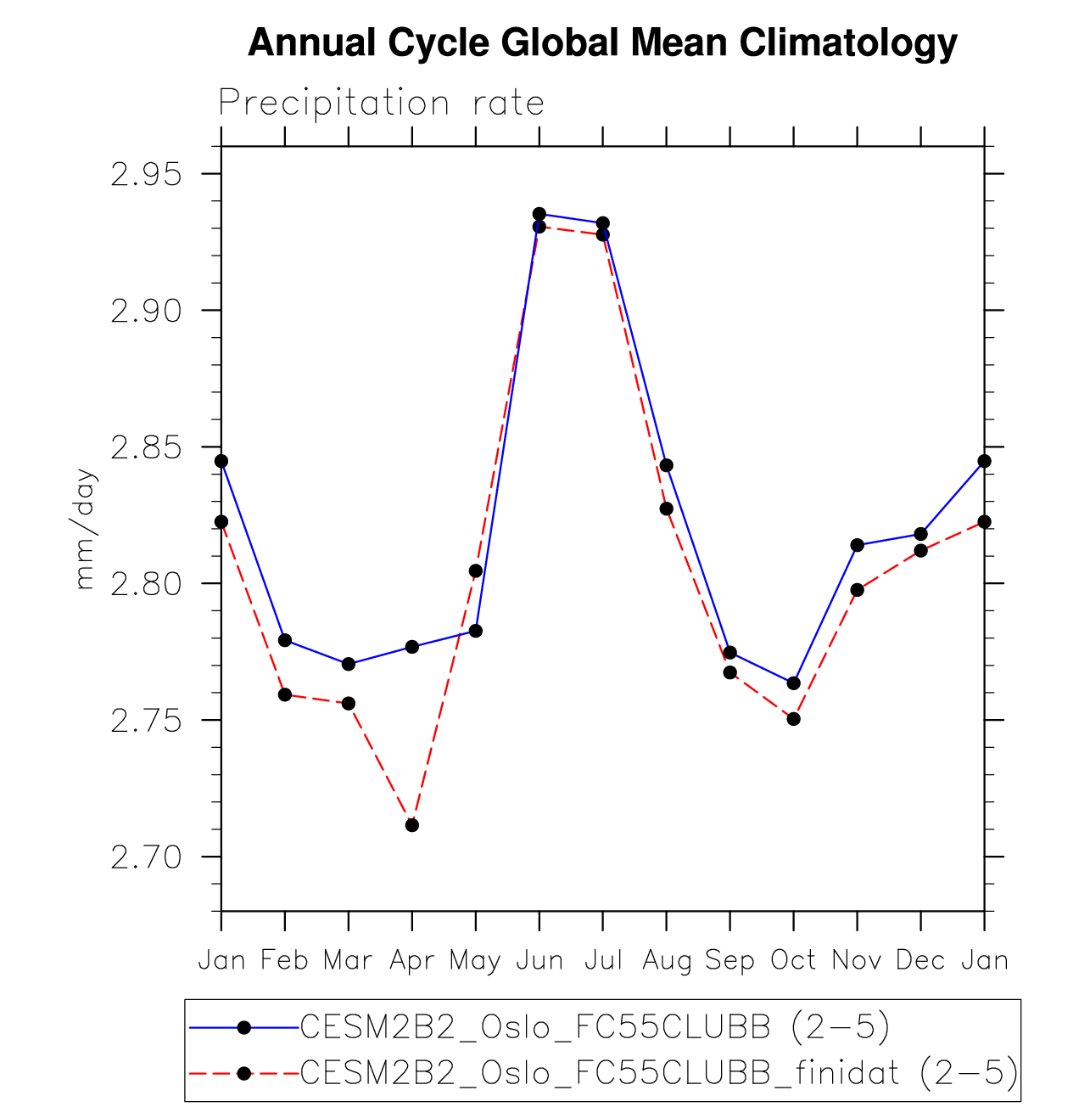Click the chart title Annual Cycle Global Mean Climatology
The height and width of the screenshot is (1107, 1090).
[x=602, y=42]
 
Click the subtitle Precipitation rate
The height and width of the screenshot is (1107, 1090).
[x=381, y=104]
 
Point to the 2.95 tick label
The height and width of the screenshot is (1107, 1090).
[x=147, y=175]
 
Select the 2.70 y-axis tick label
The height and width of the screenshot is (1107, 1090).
[x=147, y=857]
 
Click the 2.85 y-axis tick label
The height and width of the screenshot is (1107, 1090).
[x=147, y=447]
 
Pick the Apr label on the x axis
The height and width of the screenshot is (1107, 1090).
[x=412, y=961]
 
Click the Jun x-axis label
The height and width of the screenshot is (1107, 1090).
[x=539, y=961]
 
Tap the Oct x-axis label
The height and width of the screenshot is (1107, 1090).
[x=793, y=961]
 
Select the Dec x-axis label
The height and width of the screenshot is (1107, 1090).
[x=920, y=961]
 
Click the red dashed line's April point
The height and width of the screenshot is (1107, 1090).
[x=412, y=825]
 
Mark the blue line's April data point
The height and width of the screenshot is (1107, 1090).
[x=412, y=647]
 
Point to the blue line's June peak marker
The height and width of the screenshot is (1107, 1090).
[x=539, y=214]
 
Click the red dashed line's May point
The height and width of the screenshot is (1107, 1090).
[x=476, y=570]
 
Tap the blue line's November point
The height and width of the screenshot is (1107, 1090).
[x=857, y=545]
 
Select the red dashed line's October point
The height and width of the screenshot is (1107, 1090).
[x=793, y=719]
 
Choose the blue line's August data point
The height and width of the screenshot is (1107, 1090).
[x=667, y=465]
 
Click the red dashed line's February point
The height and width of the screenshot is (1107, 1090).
[x=285, y=694]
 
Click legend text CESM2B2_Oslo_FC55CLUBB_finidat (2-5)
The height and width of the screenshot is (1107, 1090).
[x=658, y=1074]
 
